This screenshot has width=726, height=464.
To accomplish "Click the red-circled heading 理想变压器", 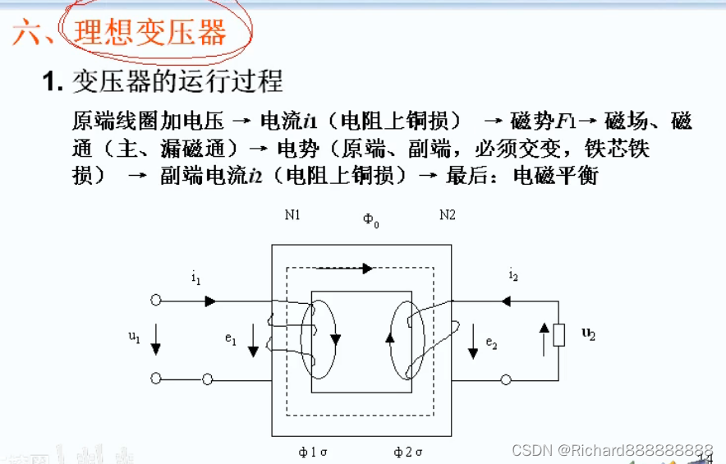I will point(149,32).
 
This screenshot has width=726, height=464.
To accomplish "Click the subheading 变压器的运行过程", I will point(177,80).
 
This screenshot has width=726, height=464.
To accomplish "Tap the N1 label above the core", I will point(293,215).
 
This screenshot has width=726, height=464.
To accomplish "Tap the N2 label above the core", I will point(447,215).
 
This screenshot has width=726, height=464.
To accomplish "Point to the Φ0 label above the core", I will point(371,220).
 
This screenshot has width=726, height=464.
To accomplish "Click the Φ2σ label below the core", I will point(408,452).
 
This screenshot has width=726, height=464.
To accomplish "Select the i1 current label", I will point(195,279).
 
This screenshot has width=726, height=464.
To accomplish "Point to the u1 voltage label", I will point(134,336).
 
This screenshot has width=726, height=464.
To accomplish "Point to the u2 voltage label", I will point(588,333).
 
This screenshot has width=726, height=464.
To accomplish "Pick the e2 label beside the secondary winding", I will point(491,342).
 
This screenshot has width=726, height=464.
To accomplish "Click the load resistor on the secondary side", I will point(558,334).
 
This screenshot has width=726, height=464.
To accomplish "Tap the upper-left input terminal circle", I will point(156,301).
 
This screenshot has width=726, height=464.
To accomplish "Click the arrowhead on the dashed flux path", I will point(367,268).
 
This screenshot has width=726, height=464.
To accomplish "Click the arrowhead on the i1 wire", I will point(211,301).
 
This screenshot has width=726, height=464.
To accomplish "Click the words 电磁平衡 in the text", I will point(556,175).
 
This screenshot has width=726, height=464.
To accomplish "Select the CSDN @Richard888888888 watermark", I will point(612,450).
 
